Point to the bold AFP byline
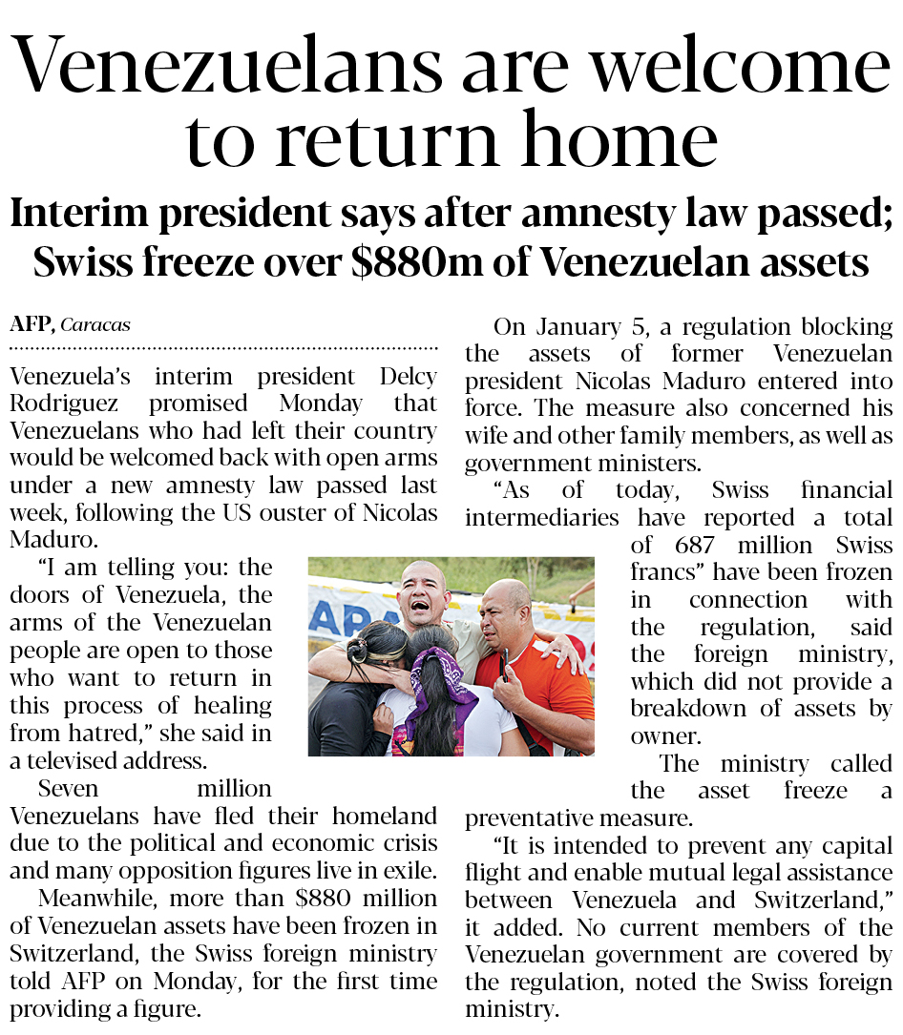click(x=31, y=324)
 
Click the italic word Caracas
click(x=95, y=325)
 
